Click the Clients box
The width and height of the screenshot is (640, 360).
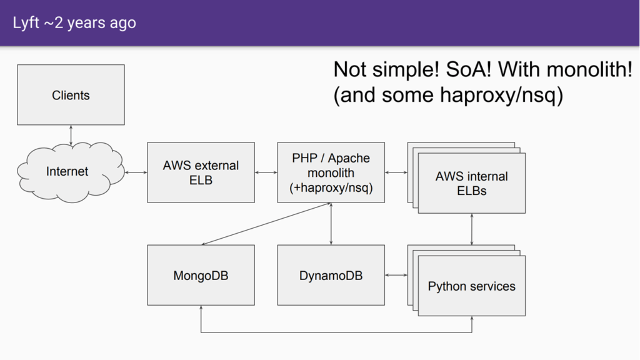(71, 95)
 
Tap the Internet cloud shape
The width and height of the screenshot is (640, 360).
(70, 172)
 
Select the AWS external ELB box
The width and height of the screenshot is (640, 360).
(201, 172)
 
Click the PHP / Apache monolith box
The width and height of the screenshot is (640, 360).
(331, 172)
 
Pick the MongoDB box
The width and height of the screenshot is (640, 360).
(201, 275)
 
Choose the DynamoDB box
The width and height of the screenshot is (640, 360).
(331, 275)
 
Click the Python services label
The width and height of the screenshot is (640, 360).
(471, 286)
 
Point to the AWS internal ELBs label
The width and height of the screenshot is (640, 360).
(471, 183)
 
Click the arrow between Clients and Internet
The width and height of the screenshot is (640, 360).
(71, 135)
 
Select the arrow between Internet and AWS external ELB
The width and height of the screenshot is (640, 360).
(136, 172)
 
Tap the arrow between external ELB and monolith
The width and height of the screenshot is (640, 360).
(266, 172)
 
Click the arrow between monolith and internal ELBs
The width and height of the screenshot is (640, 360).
(396, 172)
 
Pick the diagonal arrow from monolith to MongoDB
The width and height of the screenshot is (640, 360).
(266, 224)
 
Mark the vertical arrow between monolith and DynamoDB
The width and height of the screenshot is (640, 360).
(331, 224)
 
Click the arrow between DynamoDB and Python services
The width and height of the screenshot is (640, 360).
(396, 275)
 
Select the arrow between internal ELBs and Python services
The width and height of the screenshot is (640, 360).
(472, 229)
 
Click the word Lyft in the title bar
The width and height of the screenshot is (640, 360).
(26, 23)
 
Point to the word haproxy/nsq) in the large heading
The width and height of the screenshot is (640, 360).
(501, 95)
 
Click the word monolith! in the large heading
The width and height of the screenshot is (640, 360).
(589, 69)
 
